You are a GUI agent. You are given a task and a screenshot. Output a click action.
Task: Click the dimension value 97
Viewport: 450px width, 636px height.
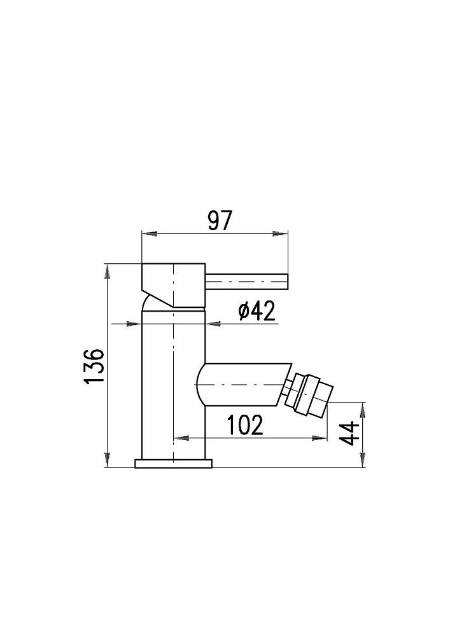pyautogui.click(x=220, y=221)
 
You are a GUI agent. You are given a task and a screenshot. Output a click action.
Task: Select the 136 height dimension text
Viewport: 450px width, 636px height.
pyautogui.click(x=94, y=365)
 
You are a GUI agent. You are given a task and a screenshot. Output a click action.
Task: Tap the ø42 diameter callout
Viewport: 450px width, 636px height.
pyautogui.click(x=257, y=311)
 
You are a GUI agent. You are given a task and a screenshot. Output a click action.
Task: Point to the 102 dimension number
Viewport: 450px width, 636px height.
pyautogui.click(x=244, y=425)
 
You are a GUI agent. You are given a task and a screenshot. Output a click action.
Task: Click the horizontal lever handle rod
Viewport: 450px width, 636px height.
pyautogui.click(x=247, y=282)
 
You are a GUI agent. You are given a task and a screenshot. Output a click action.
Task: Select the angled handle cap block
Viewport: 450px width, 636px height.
pyautogui.click(x=173, y=286)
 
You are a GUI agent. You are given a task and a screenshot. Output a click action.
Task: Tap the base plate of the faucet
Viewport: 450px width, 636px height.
pyautogui.click(x=173, y=464)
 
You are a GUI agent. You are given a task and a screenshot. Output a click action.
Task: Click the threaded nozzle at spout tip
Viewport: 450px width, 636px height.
pyautogui.click(x=309, y=394)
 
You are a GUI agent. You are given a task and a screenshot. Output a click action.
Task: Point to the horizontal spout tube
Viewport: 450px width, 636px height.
pyautogui.click(x=244, y=384)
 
